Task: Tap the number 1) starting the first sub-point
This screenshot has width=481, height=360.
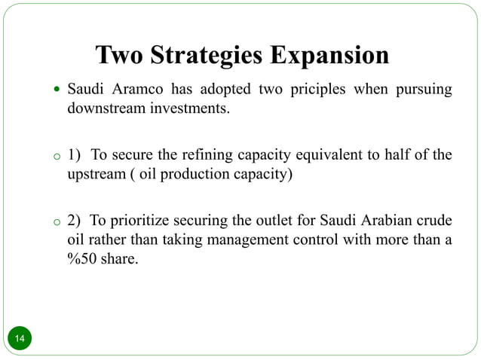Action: [74, 156]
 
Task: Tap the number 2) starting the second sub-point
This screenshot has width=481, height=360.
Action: [74, 221]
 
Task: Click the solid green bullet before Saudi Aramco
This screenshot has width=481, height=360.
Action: [57, 91]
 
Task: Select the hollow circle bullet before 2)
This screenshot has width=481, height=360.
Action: [56, 223]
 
